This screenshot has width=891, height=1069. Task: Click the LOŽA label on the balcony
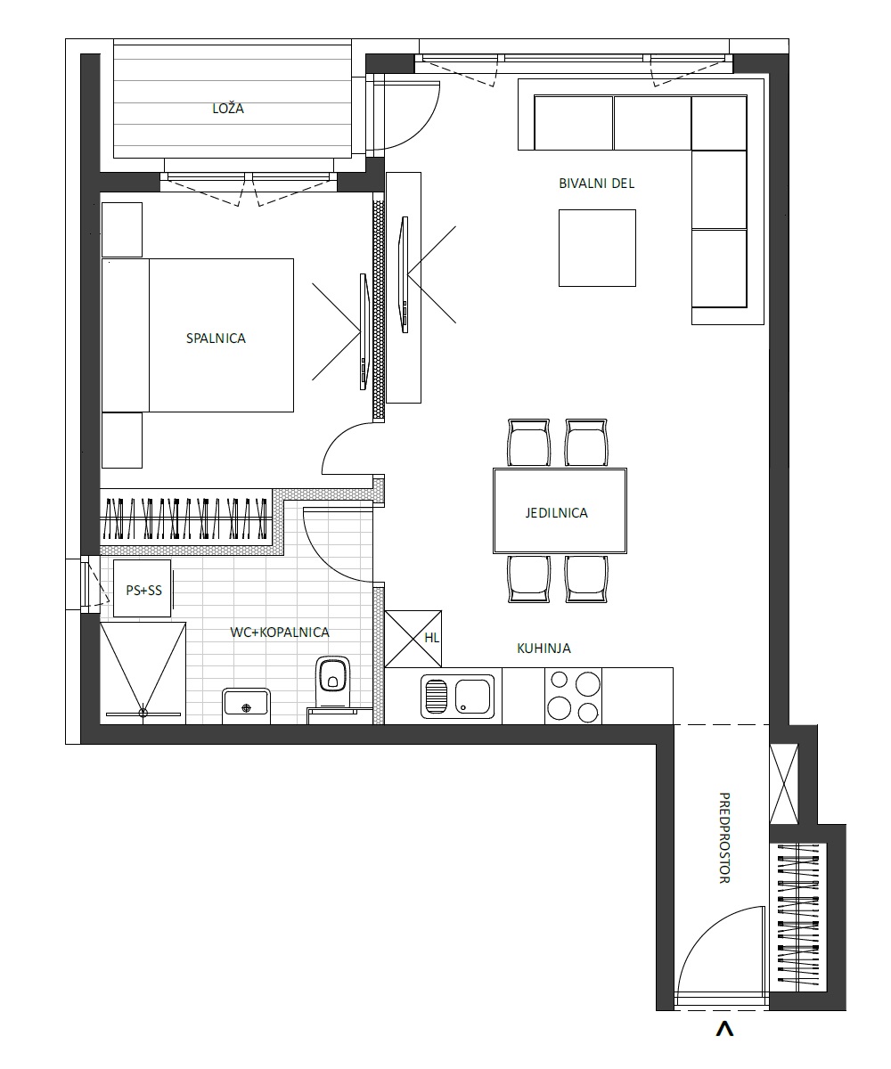click(x=228, y=109)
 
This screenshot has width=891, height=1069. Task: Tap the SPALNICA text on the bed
click(x=216, y=338)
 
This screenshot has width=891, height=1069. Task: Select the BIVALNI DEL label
click(x=597, y=184)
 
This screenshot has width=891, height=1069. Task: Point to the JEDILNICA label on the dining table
click(x=557, y=512)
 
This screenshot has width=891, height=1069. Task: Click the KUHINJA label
click(x=544, y=649)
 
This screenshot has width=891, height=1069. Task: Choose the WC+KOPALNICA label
click(x=280, y=632)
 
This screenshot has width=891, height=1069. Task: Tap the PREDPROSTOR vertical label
click(x=724, y=838)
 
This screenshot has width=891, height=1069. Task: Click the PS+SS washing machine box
click(x=143, y=588)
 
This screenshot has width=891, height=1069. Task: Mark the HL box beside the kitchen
click(x=413, y=639)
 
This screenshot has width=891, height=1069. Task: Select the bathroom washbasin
click(x=246, y=703)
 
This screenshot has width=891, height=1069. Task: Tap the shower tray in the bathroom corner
click(x=143, y=673)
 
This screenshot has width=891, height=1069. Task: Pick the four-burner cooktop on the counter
click(x=573, y=696)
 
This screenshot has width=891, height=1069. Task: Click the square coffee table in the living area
click(x=597, y=248)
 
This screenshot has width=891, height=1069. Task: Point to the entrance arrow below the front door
click(x=724, y=1029)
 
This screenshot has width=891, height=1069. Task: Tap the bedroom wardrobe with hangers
click(x=186, y=518)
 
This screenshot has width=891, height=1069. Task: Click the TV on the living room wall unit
click(x=404, y=274)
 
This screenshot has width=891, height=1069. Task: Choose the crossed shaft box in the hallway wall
click(x=784, y=784)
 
